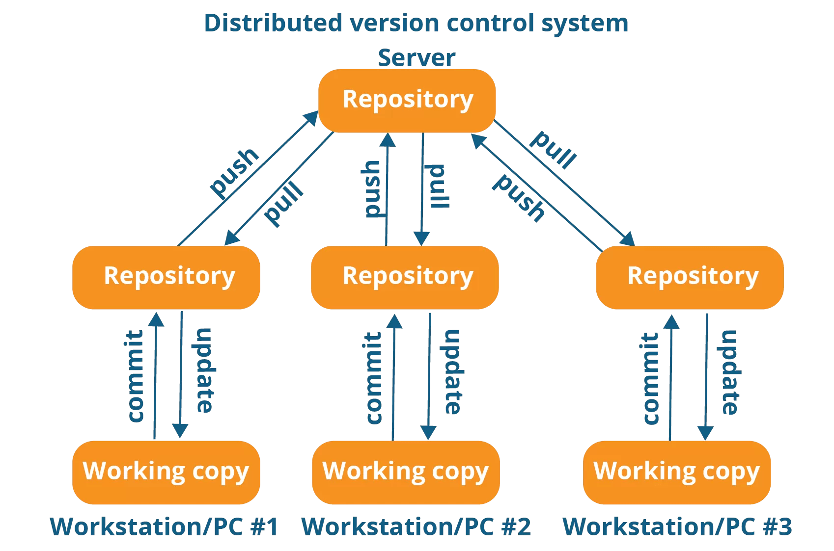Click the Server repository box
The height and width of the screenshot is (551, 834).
click(407, 101)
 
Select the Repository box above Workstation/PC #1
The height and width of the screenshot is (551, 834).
click(166, 277)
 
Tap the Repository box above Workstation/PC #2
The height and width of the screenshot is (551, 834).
click(405, 277)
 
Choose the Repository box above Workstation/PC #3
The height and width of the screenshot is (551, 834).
click(690, 277)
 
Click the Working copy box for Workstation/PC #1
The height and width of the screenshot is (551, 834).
click(166, 472)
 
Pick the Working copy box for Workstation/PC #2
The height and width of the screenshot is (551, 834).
click(406, 472)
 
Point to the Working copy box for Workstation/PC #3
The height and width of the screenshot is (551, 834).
click(677, 472)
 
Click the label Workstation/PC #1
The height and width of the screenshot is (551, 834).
click(164, 527)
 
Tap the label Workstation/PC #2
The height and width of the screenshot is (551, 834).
click(416, 527)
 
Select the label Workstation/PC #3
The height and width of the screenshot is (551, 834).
click(677, 527)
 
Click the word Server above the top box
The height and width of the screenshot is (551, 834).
click(417, 58)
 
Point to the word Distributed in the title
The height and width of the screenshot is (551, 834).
click(273, 23)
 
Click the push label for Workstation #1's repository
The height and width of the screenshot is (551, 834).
click(234, 172)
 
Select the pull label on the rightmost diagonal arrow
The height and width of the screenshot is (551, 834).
click(553, 149)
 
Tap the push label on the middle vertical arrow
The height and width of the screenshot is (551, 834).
click(371, 189)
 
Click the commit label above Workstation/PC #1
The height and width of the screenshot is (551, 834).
click(135, 376)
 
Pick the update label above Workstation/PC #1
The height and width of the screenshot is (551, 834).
click(204, 370)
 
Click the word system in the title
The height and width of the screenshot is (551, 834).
click(584, 23)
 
